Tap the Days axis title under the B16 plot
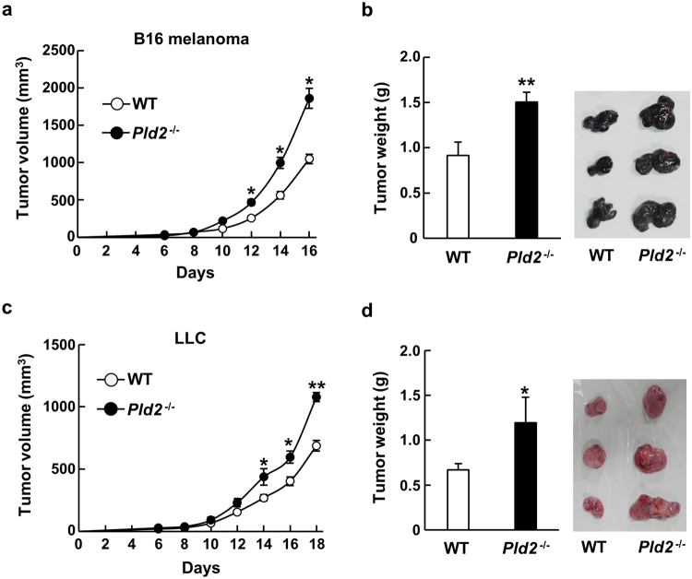tap(202, 274)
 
